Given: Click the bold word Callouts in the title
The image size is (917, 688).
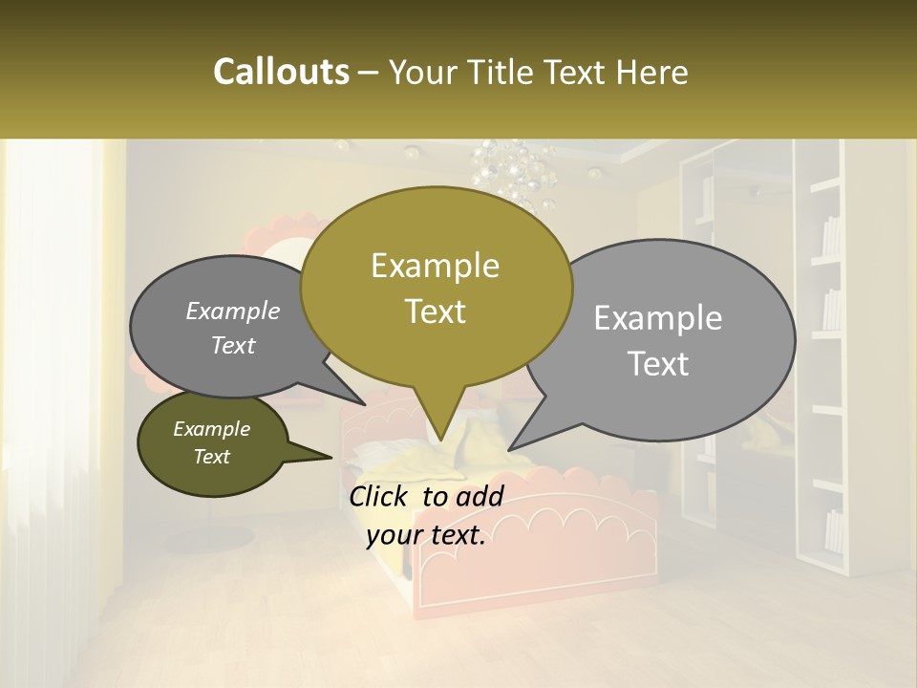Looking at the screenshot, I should (x=281, y=73).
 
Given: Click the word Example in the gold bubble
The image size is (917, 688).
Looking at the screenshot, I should (x=435, y=266).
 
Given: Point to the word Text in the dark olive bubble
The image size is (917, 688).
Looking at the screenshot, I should (x=211, y=457).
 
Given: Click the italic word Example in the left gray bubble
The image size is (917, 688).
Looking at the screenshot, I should (x=232, y=312).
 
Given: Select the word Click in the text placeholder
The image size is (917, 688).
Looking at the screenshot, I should (x=382, y=496).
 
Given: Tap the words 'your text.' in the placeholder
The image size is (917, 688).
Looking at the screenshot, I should (x=426, y=536).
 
